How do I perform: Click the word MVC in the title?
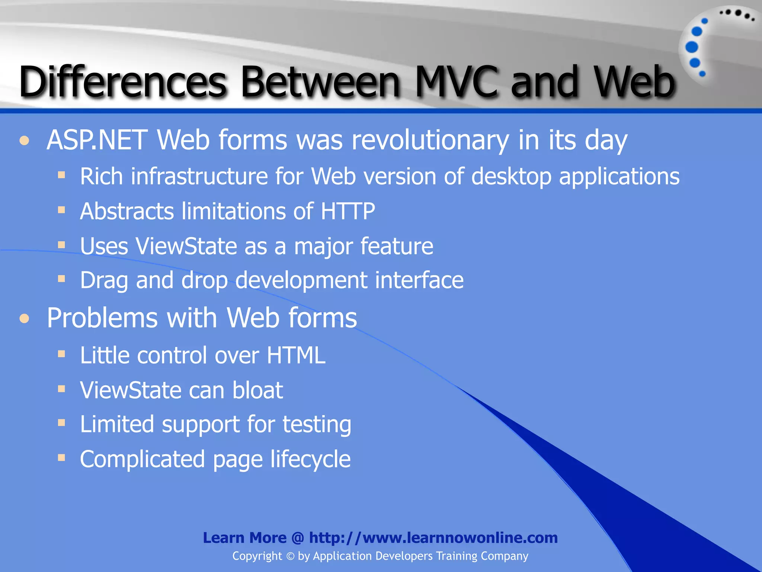tap(456, 82)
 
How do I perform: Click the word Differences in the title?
tap(123, 82)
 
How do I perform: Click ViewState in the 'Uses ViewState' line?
tap(186, 247)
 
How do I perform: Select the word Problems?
tap(102, 318)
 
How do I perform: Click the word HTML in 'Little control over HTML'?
tap(296, 355)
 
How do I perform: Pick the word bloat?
tap(257, 390)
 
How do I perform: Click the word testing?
tap(317, 425)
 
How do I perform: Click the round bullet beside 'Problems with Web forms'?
tap(25, 319)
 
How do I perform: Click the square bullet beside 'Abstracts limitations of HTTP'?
tap(62, 210)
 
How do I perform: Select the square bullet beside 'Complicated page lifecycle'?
tap(62, 458)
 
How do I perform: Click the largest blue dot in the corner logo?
tap(692, 47)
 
